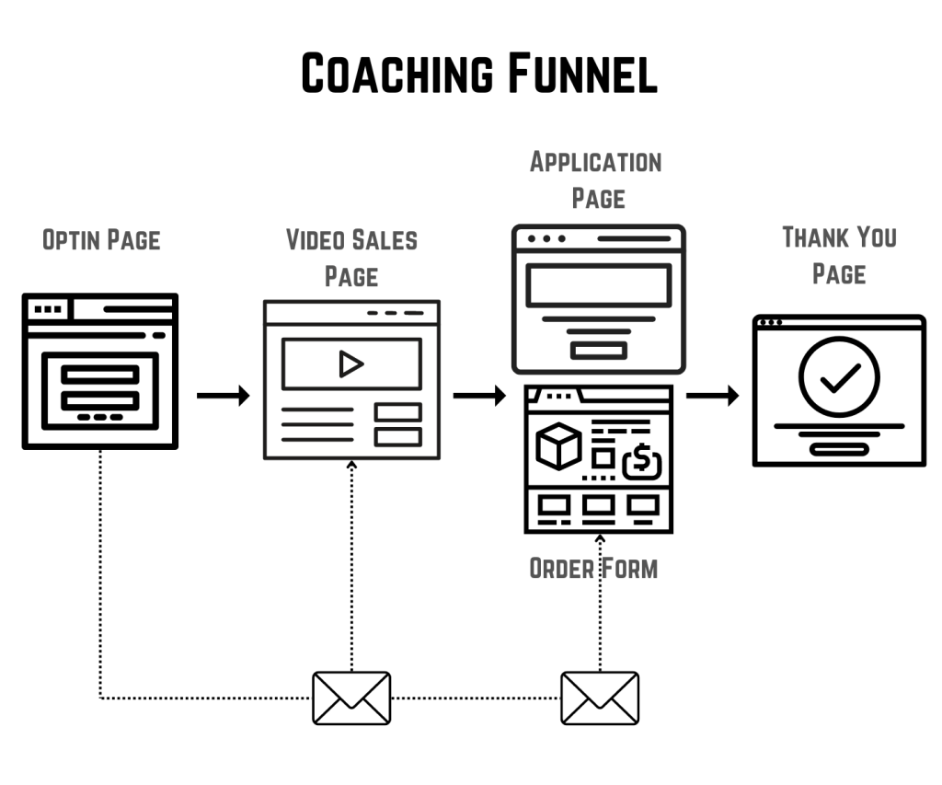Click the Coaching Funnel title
(x=479, y=74)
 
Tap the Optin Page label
(x=101, y=240)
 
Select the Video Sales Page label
(x=351, y=258)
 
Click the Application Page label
(x=597, y=180)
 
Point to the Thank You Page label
(x=839, y=255)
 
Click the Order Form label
(x=593, y=568)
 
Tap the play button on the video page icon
(x=350, y=364)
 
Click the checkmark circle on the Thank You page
(x=839, y=377)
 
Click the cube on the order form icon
(x=559, y=445)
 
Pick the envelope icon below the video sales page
(x=351, y=698)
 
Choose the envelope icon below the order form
(x=600, y=698)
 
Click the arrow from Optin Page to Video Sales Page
(x=223, y=397)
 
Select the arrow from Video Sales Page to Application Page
(x=479, y=397)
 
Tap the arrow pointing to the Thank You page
(x=713, y=397)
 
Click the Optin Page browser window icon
(x=100, y=371)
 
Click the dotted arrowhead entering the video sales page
(x=351, y=465)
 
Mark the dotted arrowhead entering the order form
(x=600, y=539)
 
